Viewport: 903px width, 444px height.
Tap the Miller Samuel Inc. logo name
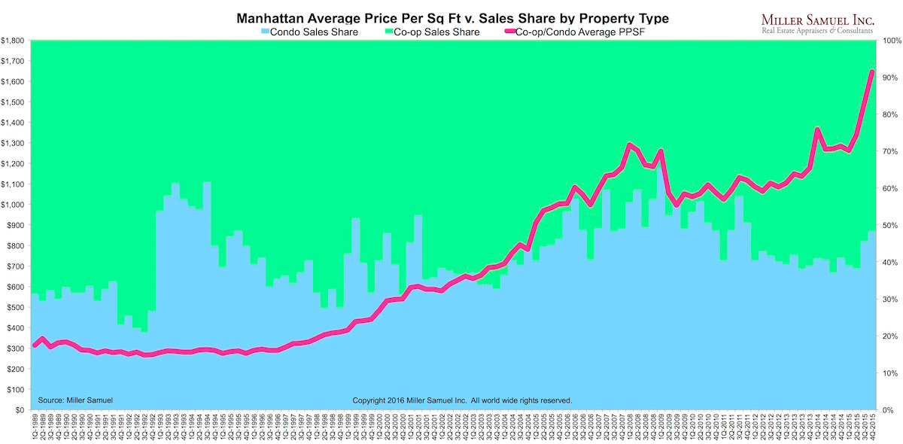coord(816,18)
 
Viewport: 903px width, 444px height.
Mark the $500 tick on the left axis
coord(15,308)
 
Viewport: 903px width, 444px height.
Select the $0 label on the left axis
coord(20,410)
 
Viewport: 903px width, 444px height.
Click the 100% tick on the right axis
coord(891,41)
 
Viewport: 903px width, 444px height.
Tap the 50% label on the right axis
coord(889,226)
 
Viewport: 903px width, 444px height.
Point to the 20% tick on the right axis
coord(889,336)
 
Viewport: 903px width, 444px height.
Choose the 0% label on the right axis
coord(888,410)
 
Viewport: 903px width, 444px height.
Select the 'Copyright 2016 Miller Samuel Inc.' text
coord(462,400)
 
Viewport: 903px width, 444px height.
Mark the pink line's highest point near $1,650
coord(871,71)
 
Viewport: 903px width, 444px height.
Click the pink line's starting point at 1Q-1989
coord(35,345)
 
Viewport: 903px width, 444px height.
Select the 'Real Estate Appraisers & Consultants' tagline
coord(816,31)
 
